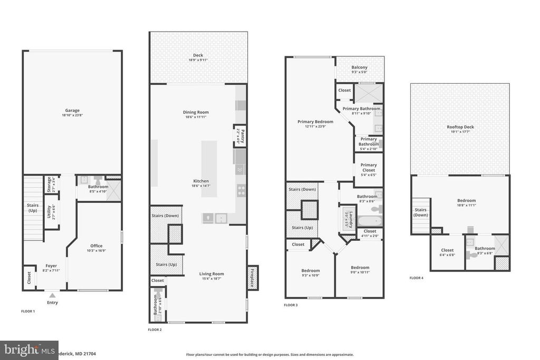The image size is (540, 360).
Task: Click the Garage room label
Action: pyautogui.click(x=72, y=111)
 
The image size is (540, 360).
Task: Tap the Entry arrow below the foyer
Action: pyautogui.click(x=52, y=296)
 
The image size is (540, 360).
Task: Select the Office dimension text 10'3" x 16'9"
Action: pyautogui.click(x=97, y=251)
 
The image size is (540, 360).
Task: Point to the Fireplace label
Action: pyautogui.click(x=252, y=277)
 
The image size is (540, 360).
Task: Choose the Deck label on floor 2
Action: pyautogui.click(x=198, y=55)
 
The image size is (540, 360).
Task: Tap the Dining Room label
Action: pyautogui.click(x=196, y=112)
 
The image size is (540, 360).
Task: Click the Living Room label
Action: pyautogui.click(x=211, y=274)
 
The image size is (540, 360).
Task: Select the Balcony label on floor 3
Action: pyautogui.click(x=360, y=67)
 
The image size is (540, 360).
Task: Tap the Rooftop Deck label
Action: pyautogui.click(x=460, y=127)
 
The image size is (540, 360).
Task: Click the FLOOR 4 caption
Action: pyautogui.click(x=416, y=278)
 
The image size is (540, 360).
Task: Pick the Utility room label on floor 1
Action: pyautogui.click(x=50, y=212)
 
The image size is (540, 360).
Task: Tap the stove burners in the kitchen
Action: pyautogui.click(x=241, y=190)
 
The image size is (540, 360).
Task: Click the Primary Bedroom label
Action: pyautogui.click(x=315, y=122)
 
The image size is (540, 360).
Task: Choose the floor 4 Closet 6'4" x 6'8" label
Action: pyautogui.click(x=447, y=250)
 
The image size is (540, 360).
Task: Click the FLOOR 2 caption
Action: pyautogui.click(x=155, y=330)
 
